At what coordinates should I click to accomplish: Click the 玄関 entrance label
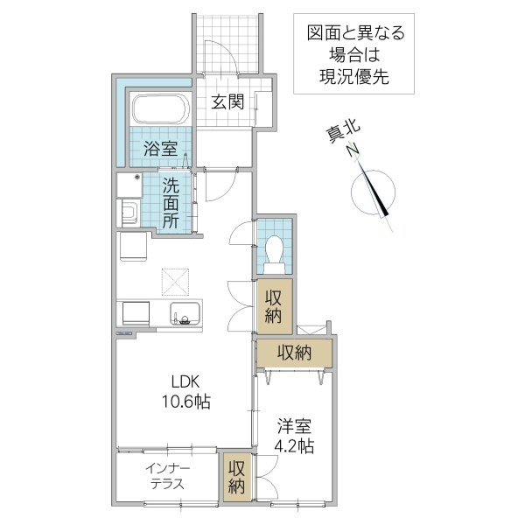tap(227, 101)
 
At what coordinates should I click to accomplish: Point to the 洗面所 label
tap(171, 203)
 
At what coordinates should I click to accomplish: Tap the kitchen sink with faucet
tap(184, 313)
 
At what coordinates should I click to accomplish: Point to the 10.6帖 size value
tap(185, 402)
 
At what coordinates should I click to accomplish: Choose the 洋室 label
tap(293, 426)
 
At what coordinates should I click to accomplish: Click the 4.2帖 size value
tap(293, 445)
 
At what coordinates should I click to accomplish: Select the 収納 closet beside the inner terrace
tap(236, 477)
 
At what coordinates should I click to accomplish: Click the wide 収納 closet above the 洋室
tap(295, 353)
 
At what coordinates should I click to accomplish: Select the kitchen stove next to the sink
tap(136, 313)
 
